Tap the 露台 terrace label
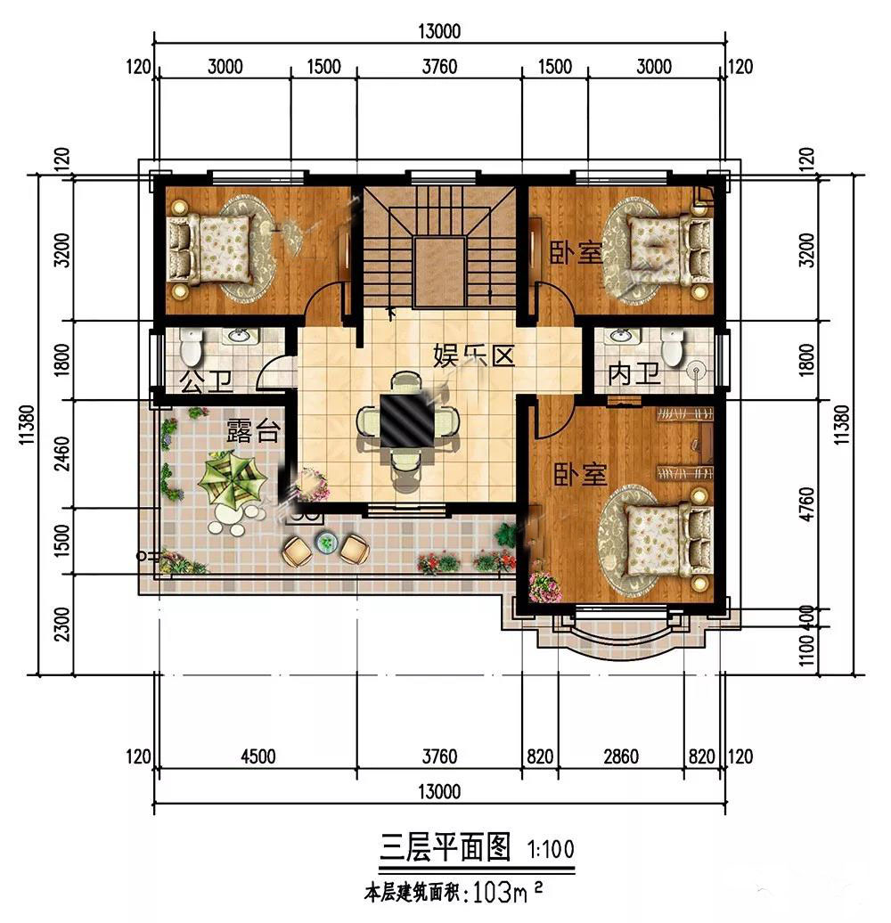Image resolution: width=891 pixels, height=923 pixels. click(252, 430)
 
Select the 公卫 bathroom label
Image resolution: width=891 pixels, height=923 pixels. click(206, 381)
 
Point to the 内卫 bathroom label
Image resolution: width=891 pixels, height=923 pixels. click(634, 374)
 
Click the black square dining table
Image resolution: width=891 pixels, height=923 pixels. click(406, 421)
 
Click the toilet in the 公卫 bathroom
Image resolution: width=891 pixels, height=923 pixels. click(190, 347)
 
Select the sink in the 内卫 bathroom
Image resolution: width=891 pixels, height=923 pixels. click(621, 336)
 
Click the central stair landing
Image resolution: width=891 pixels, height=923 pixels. click(440, 272)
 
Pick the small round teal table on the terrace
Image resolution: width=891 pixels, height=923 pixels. click(325, 543)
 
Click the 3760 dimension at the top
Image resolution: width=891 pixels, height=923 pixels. click(439, 67)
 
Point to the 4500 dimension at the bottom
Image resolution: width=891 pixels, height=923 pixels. click(257, 756)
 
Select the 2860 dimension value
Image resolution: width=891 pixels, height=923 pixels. click(621, 756)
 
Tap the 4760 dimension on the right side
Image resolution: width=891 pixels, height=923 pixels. click(807, 504)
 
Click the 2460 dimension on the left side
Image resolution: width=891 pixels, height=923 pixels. click(61, 453)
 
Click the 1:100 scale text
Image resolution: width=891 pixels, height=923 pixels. click(551, 849)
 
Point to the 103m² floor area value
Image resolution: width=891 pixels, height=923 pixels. click(507, 893)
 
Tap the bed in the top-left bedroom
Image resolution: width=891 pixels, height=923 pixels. click(210, 248)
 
